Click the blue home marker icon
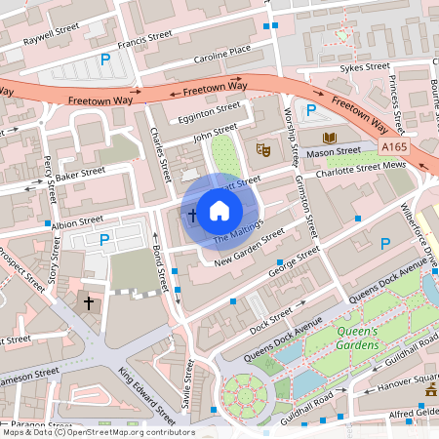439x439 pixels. pos(219,209)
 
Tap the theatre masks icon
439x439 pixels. pos(261,149)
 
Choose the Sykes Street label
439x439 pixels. pos(365,68)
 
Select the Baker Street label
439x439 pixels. pos(79,174)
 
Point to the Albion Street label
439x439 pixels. pos(77,222)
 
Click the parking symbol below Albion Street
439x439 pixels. pos(103,239)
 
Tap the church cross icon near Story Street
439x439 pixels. pos(89,302)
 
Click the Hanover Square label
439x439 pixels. pos(404,381)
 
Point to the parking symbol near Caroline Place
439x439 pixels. pos(105,60)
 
